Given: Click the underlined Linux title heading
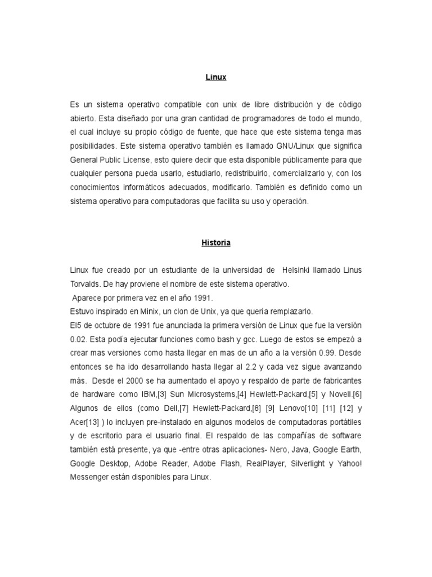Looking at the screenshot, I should pos(216,77).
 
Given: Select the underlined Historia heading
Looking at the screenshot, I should pos(216,243).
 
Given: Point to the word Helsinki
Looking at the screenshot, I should pos(301,270).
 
